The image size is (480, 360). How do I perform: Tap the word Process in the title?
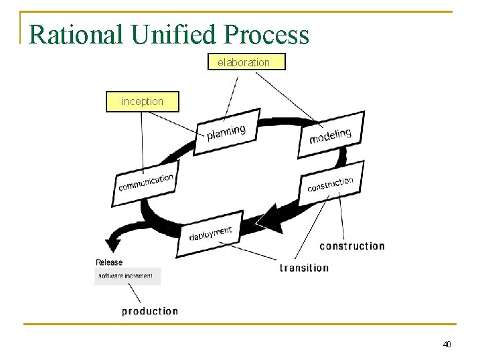pyautogui.click(x=267, y=34)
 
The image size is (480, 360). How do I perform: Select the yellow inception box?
pyautogui.click(x=143, y=102)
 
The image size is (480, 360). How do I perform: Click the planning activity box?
pyautogui.click(x=226, y=134)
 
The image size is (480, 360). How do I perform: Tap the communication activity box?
pyautogui.click(x=146, y=183)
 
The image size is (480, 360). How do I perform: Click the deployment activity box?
pyautogui.click(x=210, y=235)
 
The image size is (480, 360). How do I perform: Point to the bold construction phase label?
pyautogui.click(x=352, y=246)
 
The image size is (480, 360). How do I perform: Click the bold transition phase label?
pyautogui.click(x=304, y=268)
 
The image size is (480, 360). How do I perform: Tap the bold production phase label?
pyautogui.click(x=150, y=311)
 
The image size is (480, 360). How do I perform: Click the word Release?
pyautogui.click(x=109, y=262)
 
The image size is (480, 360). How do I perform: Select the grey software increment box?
pyautogui.click(x=127, y=276)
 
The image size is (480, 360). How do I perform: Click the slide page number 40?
pyautogui.click(x=447, y=344)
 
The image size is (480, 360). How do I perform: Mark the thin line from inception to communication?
pyautogui.click(x=142, y=141)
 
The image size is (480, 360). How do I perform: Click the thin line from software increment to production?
pyautogui.click(x=134, y=293)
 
